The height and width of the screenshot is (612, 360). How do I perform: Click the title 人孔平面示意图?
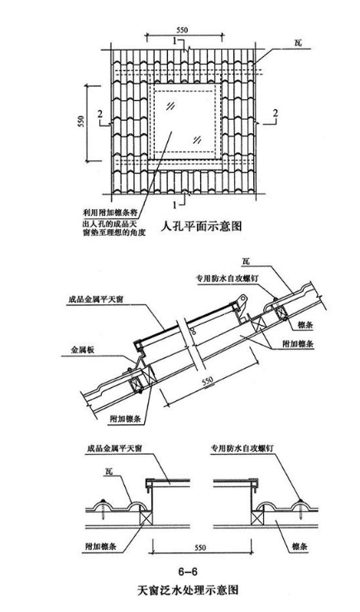[x=201, y=226]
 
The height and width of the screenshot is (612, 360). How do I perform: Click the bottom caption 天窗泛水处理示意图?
[x=188, y=590]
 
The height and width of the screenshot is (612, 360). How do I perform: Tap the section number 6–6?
[x=188, y=571]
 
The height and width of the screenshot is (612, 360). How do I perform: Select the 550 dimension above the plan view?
[x=182, y=30]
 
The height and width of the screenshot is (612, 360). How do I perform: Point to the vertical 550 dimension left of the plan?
[x=81, y=122]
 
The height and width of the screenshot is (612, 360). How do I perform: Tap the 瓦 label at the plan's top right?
[x=298, y=42]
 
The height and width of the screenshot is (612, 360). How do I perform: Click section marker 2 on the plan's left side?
[x=100, y=114]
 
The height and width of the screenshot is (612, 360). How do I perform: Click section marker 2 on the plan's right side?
[x=276, y=113]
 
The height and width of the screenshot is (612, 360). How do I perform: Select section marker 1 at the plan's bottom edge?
[x=175, y=204]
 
